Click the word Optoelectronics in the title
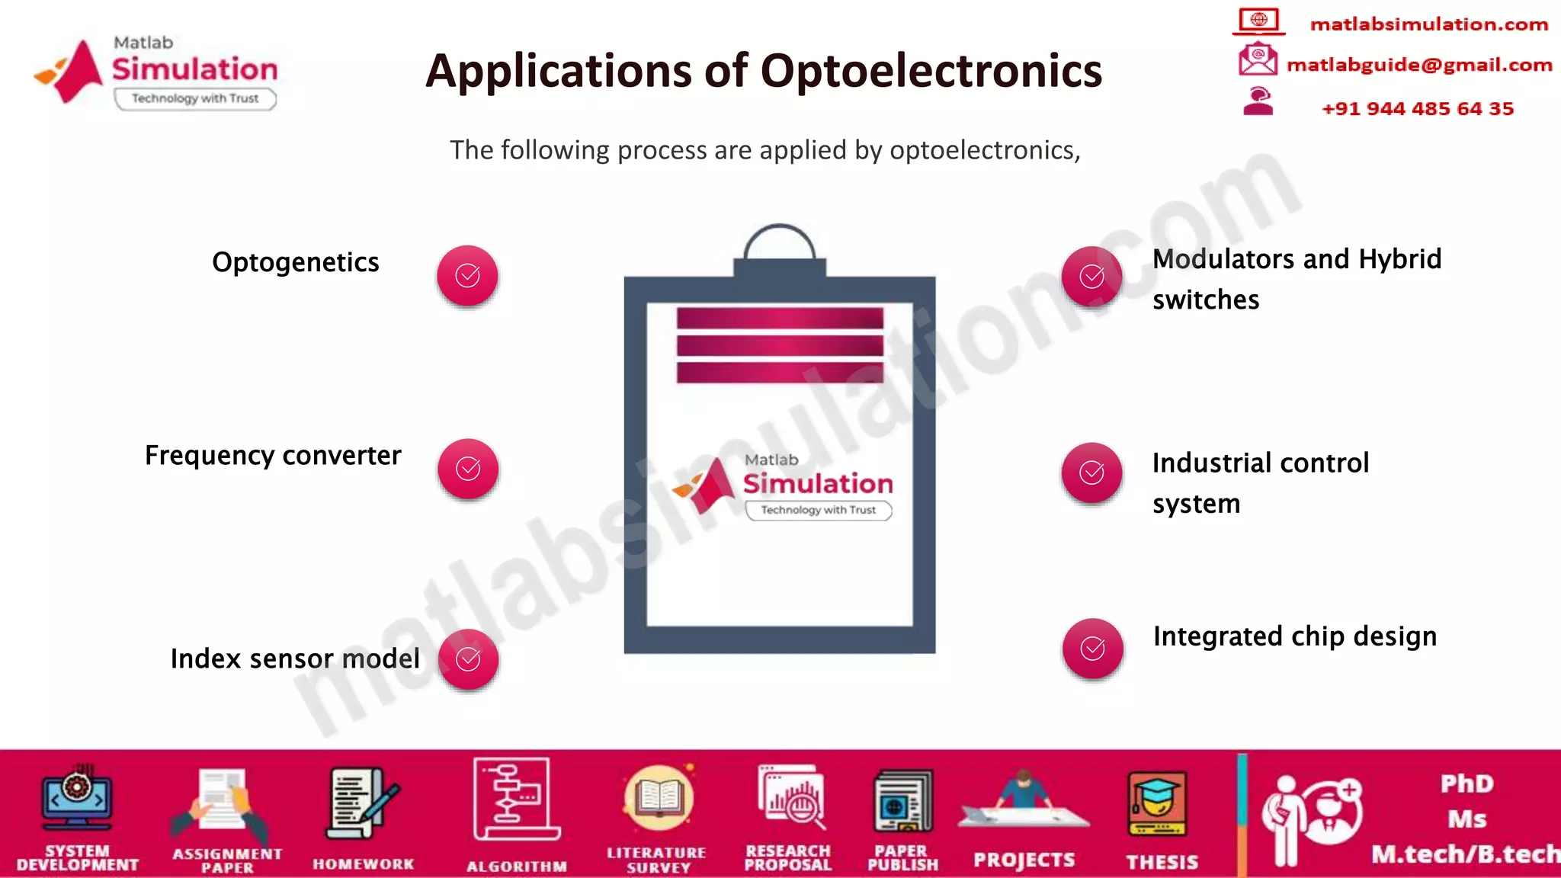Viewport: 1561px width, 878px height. point(931,71)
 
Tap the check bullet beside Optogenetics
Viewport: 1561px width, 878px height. point(467,275)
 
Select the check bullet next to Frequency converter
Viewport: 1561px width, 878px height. point(468,469)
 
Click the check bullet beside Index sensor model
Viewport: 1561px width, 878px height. point(468,659)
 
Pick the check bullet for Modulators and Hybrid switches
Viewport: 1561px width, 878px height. point(1091,276)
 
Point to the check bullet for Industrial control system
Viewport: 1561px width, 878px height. point(1091,473)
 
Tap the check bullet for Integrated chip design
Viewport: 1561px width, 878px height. point(1092,649)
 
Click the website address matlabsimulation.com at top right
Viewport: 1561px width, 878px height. point(1428,24)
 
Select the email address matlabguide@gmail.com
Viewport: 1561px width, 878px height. point(1418,65)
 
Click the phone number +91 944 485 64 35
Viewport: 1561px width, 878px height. point(1417,108)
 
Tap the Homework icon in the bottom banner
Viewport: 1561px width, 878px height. point(363,803)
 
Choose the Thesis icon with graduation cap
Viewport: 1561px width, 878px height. point(1157,804)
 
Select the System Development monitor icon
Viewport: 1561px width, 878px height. point(77,799)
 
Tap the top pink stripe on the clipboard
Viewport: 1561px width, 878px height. point(779,318)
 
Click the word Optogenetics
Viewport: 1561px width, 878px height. point(295,262)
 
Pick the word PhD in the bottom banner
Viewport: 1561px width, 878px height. point(1466,783)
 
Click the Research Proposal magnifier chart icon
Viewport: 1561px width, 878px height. point(790,799)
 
